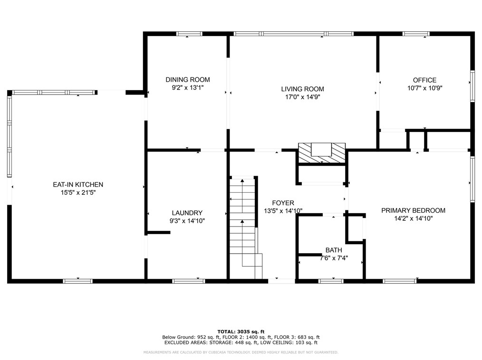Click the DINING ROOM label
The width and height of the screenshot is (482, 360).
187,80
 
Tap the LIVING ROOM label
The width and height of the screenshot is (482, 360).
302,89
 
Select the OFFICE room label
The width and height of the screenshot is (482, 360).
424,80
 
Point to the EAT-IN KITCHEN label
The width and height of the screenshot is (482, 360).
78,185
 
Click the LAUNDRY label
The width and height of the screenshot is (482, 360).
187,213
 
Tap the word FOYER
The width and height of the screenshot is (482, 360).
283,203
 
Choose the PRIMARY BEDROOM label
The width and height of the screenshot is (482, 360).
413,210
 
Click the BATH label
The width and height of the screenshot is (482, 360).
334,250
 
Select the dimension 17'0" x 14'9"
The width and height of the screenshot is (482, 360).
302,97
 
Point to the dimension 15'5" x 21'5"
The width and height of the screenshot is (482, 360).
78,193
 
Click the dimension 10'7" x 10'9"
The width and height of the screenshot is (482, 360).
424,88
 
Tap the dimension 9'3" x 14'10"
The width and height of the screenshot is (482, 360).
187,221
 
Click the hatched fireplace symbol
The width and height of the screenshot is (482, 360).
321,153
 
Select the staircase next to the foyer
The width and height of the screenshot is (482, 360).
246,227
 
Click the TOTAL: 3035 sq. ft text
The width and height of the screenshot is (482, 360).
241,332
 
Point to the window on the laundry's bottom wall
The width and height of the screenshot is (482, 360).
188,281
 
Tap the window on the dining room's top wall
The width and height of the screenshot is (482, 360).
189,34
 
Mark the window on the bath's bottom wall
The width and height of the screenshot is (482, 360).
331,281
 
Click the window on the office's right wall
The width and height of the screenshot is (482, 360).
472,86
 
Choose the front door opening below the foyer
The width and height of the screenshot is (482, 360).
281,281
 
